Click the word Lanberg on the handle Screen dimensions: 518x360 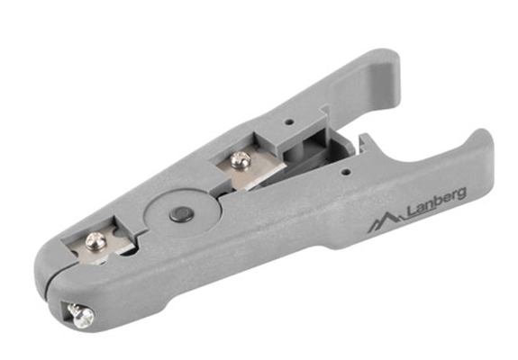click(x=437, y=202)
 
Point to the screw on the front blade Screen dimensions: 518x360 click(x=95, y=241)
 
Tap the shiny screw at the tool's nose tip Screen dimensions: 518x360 click(x=81, y=316)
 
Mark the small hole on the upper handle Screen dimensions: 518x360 click(x=289, y=121)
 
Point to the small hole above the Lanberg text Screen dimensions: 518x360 click(x=346, y=172)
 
